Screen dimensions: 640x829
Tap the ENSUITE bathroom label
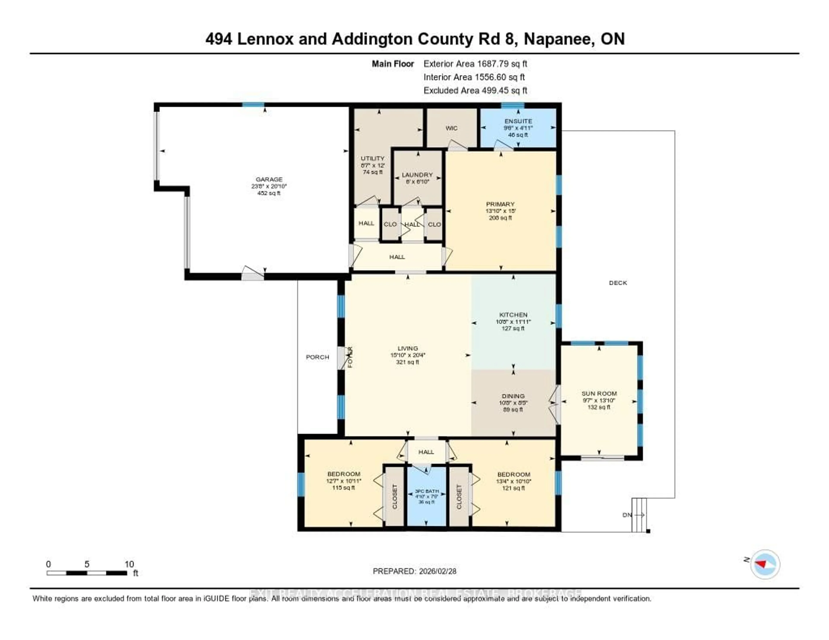click(518, 121)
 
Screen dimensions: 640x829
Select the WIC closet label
click(451, 128)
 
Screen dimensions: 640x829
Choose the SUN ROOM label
click(599, 393)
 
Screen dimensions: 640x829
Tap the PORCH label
click(317, 357)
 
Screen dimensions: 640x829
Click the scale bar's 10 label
click(129, 564)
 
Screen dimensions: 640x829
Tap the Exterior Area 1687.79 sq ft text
click(475, 64)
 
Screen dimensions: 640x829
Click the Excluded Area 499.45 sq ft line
click(475, 90)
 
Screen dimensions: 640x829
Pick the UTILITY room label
click(372, 158)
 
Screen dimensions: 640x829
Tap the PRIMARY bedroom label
click(500, 204)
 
